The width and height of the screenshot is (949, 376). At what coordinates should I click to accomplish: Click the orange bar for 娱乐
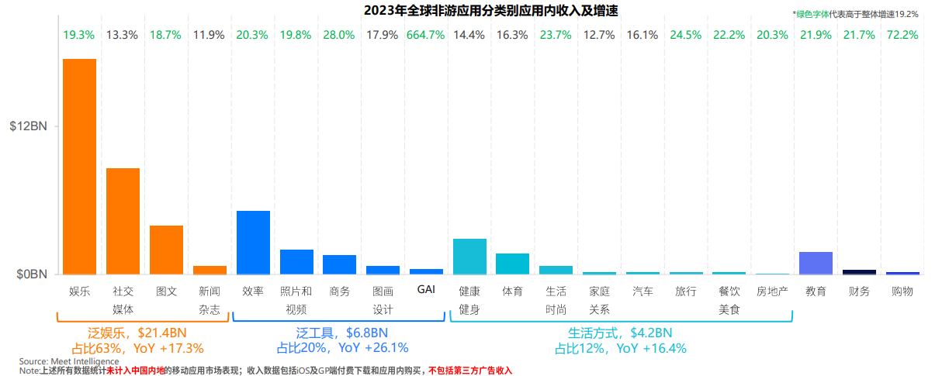(79, 167)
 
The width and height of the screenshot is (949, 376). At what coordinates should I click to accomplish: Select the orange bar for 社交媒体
(123, 221)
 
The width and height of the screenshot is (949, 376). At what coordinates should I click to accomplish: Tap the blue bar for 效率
(253, 242)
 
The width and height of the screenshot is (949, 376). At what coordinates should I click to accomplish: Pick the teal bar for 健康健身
(469, 256)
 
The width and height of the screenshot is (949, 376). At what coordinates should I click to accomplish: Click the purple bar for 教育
(816, 263)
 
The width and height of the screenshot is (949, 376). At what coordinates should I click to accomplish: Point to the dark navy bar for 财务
(859, 271)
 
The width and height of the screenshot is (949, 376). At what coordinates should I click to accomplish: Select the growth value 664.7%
(426, 35)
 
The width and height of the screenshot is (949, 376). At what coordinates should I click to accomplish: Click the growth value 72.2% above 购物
(902, 35)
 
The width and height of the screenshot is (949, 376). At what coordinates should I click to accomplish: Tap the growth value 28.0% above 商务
(339, 35)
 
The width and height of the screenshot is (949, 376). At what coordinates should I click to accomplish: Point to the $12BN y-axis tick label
(29, 126)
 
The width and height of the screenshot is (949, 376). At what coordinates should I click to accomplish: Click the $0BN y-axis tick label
(32, 274)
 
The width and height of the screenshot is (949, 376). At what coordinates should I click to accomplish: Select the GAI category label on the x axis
(426, 289)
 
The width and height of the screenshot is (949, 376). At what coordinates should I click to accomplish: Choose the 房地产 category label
(772, 291)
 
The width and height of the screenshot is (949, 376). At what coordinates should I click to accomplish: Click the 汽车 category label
(642, 291)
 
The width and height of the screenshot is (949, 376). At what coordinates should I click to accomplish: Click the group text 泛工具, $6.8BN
(342, 333)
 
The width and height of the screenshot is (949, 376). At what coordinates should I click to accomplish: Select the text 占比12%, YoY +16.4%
(620, 348)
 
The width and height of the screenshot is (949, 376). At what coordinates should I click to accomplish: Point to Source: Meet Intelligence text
(69, 361)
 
